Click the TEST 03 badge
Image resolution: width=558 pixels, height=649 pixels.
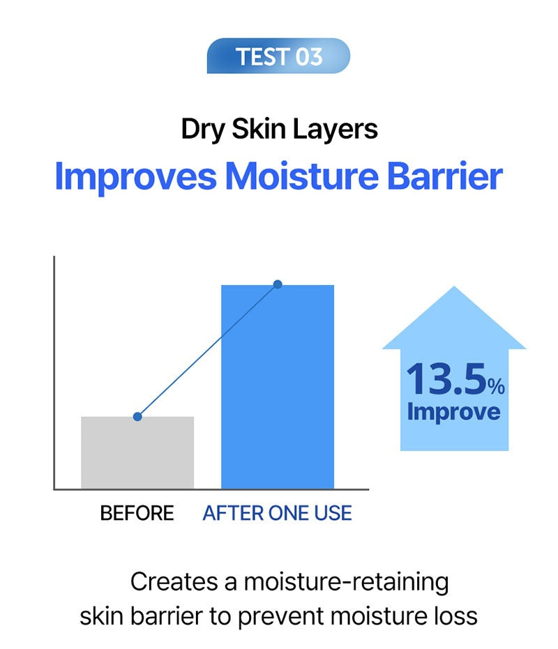pyautogui.click(x=278, y=56)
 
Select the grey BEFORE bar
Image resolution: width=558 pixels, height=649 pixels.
pyautogui.click(x=137, y=452)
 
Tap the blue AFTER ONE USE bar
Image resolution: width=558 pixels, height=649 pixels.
pyautogui.click(x=278, y=387)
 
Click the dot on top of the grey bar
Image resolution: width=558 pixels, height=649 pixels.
pyautogui.click(x=137, y=416)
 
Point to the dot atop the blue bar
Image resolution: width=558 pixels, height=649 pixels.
pyautogui.click(x=278, y=284)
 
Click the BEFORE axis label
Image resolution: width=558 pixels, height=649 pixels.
pyautogui.click(x=137, y=513)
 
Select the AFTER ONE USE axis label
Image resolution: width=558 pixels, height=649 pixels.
pyautogui.click(x=277, y=513)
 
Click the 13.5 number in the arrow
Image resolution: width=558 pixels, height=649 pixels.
pyautogui.click(x=446, y=379)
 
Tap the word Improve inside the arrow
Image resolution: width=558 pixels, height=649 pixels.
pyautogui.click(x=453, y=412)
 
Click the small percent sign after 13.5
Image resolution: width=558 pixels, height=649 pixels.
pyautogui.click(x=496, y=385)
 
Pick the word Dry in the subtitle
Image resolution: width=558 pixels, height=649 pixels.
pyautogui.click(x=202, y=130)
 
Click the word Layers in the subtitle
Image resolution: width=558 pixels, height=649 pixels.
pyautogui.click(x=335, y=130)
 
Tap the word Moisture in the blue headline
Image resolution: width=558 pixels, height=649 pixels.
pyautogui.click(x=302, y=176)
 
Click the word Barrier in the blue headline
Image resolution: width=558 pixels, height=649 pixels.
pyautogui.click(x=445, y=176)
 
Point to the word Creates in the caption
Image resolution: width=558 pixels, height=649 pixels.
pyautogui.click(x=174, y=581)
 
